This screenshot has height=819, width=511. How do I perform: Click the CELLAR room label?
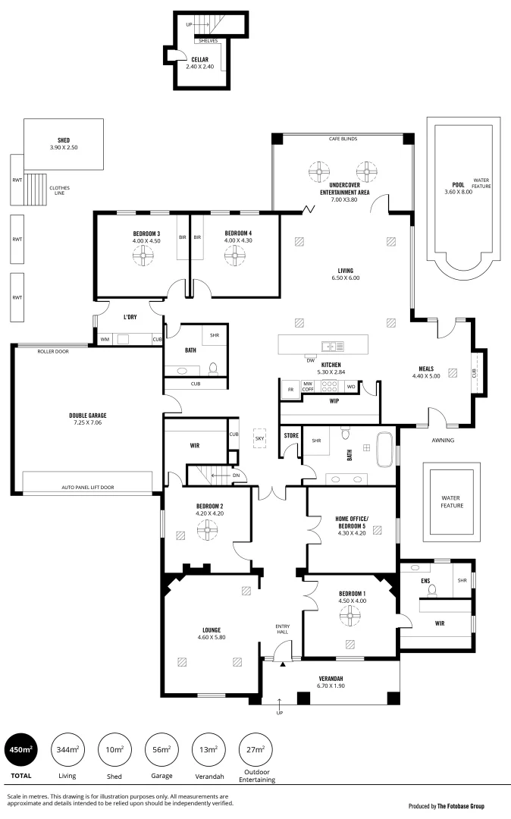click(199, 59)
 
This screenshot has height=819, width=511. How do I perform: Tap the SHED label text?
click(63, 140)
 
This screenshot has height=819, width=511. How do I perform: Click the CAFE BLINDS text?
click(343, 140)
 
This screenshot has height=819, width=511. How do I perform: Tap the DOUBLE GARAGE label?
click(87, 416)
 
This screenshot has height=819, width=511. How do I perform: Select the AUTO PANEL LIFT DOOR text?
click(87, 487)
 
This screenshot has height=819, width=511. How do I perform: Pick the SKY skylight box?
click(260, 438)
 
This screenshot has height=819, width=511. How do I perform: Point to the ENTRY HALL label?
click(282, 629)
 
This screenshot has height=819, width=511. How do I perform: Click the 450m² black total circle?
click(20, 750)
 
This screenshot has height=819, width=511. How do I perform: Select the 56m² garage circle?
click(161, 750)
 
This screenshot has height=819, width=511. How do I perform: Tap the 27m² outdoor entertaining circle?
click(255, 750)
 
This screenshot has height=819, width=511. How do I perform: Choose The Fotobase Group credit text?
click(461, 806)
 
